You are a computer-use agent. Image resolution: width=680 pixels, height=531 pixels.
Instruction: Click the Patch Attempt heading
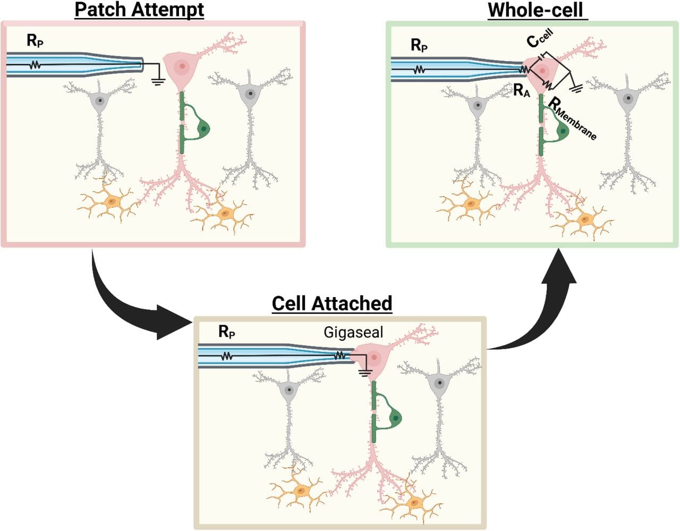(139, 10)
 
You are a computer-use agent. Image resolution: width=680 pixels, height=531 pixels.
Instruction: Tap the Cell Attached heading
(331, 303)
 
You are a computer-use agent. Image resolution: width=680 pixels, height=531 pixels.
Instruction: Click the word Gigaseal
(353, 333)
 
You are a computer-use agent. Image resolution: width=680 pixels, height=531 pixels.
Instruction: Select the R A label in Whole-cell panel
(521, 91)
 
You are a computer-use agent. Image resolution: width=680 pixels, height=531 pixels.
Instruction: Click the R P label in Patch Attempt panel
(35, 40)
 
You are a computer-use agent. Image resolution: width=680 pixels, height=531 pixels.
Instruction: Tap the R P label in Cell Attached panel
(227, 332)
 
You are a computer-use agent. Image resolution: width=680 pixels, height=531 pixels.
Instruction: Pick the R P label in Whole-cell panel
(419, 46)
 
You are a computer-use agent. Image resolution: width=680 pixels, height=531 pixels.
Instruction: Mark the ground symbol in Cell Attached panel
(364, 372)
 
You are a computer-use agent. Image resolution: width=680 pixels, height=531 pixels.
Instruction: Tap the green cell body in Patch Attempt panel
(204, 128)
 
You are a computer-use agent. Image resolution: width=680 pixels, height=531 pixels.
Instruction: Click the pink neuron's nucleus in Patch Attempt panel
(182, 66)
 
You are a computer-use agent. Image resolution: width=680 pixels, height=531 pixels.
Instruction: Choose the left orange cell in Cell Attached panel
(300, 490)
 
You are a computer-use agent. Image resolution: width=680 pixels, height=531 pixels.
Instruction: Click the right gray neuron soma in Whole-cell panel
(628, 98)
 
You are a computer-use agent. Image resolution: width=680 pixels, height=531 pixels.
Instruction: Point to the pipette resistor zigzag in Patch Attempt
(35, 65)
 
